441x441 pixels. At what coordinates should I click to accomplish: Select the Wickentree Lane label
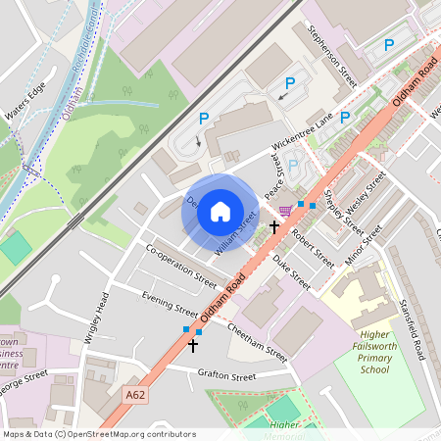(x=303, y=132)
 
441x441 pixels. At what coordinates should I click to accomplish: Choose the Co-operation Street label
(x=180, y=266)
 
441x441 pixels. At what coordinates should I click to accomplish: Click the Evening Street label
(x=169, y=301)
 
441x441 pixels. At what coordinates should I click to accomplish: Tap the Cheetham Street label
(x=257, y=341)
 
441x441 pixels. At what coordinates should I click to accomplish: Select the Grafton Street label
(x=226, y=376)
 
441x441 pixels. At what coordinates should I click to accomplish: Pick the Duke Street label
(x=291, y=272)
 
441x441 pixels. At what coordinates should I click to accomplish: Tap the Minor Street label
(x=361, y=247)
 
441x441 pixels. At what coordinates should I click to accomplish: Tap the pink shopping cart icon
(x=285, y=210)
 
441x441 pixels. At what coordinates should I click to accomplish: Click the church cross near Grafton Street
(x=193, y=345)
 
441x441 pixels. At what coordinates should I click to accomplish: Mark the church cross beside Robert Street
(x=274, y=227)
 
